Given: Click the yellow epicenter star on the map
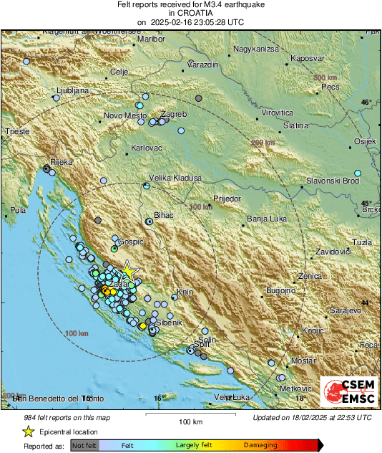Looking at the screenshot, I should coord(128,271).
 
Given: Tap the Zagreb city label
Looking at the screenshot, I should coord(175,115).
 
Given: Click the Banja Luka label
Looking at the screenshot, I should coord(266,219).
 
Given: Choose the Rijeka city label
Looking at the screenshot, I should coord(61,163).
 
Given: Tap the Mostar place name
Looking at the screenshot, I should coord(303,360).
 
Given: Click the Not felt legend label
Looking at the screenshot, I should coord(84,446).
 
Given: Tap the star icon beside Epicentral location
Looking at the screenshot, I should coord(28,431).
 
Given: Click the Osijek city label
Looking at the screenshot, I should coord(365,141).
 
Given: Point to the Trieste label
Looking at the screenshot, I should coord(17,132).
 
